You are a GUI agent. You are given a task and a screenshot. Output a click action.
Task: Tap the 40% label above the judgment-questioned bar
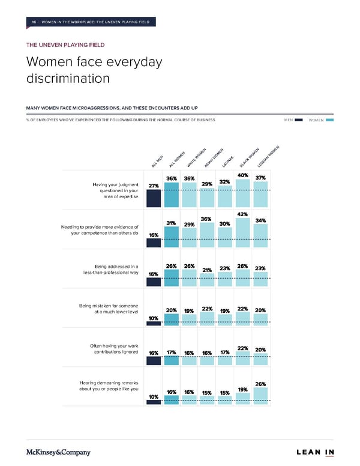243,175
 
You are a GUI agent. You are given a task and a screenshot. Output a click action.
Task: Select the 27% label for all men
154,186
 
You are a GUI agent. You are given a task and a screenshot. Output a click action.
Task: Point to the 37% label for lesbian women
261,178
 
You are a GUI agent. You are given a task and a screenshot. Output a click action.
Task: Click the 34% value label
261,220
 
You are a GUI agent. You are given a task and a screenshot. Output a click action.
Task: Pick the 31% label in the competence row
171,223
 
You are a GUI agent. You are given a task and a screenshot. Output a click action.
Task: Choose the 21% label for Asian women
207,270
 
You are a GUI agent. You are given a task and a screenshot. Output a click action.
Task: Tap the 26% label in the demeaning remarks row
261,384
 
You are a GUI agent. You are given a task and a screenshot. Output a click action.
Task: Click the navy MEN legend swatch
299,120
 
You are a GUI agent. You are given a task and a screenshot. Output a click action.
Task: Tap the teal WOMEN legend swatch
329,120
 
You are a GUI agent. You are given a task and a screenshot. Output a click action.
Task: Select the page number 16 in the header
34,22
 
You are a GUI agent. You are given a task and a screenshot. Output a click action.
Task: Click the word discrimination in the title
68,79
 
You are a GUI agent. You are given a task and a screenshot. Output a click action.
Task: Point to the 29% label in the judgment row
207,184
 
